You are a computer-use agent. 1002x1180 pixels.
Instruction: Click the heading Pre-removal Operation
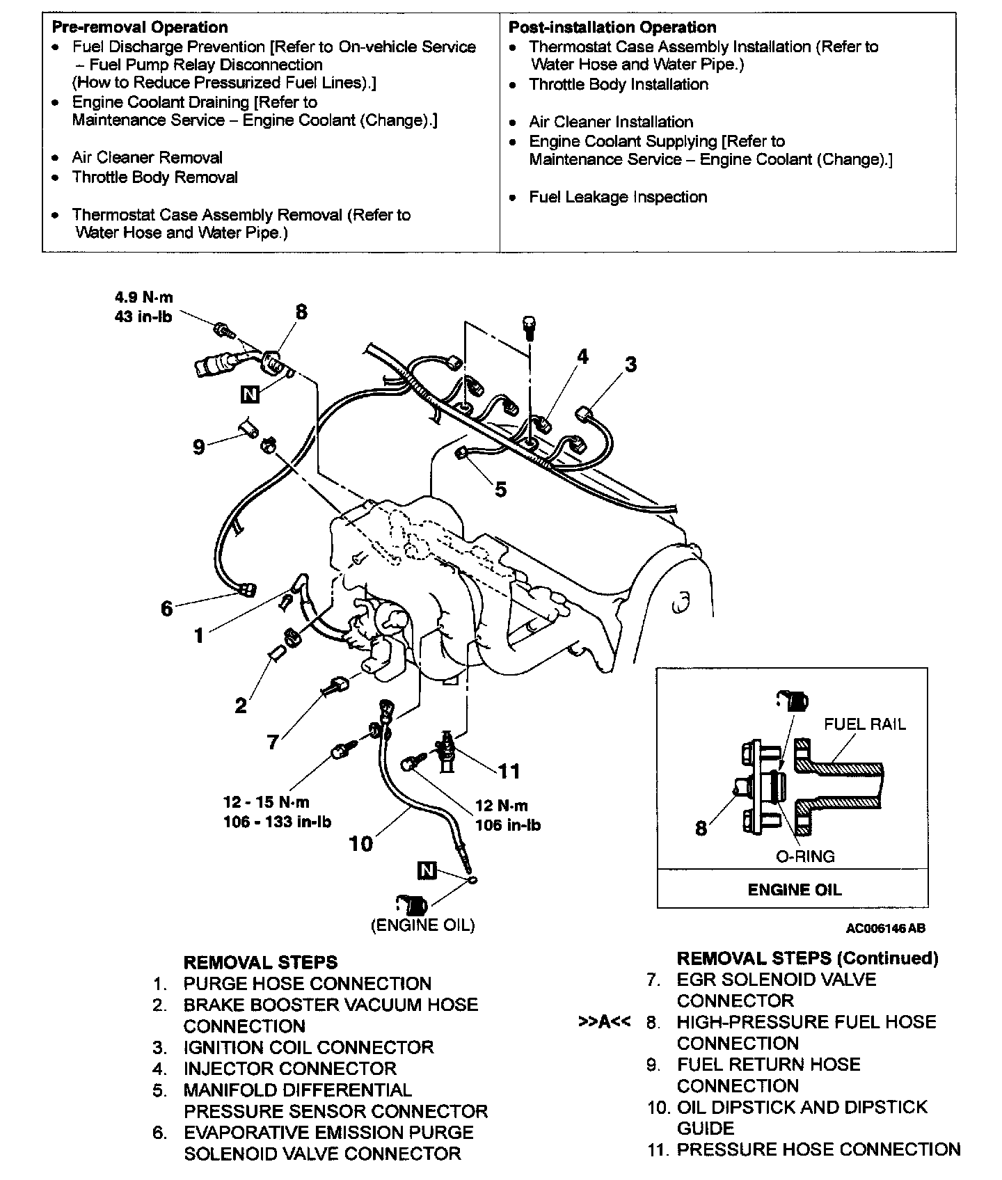click(x=140, y=27)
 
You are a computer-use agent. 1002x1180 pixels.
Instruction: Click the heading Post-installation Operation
click(x=612, y=27)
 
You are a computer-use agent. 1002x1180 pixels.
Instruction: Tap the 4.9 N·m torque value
click(x=144, y=298)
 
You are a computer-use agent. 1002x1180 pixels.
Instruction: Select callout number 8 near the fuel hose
click(x=301, y=312)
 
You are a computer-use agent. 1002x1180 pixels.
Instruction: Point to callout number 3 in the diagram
click(x=630, y=364)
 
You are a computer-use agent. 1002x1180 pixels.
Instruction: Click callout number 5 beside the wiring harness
click(x=500, y=489)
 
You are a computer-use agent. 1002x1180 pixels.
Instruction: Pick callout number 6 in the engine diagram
click(x=166, y=609)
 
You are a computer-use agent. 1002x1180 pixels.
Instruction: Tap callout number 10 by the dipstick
click(x=360, y=844)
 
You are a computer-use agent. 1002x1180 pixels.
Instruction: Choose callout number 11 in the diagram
click(x=509, y=771)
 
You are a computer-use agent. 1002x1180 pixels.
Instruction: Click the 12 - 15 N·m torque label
click(x=267, y=802)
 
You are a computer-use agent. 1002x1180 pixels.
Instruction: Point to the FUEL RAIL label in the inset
click(x=864, y=724)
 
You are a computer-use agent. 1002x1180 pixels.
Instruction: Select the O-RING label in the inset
click(x=805, y=856)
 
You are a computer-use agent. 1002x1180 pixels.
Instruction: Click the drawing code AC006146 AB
click(x=886, y=928)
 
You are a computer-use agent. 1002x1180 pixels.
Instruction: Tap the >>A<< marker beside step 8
click(x=604, y=1022)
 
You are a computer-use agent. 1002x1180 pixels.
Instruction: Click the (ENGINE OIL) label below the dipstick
click(x=423, y=925)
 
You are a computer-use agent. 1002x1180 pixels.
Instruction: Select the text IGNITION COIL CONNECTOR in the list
click(x=308, y=1047)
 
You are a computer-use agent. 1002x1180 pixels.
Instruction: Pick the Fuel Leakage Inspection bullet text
click(x=618, y=197)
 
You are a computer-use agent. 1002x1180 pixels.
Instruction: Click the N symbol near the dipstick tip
click(x=427, y=870)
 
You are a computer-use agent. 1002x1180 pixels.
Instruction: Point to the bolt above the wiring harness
click(x=528, y=325)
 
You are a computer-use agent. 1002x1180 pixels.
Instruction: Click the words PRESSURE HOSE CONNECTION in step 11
click(x=818, y=1149)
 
